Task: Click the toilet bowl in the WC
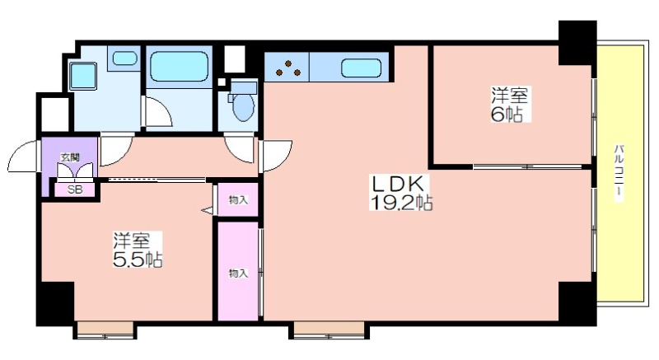point(243,106)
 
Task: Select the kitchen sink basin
point(361,68)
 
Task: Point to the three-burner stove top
point(288,68)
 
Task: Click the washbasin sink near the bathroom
point(125,58)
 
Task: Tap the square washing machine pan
point(83,76)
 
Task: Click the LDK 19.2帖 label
point(401,193)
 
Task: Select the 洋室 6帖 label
point(509,105)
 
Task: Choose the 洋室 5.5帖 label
point(138,250)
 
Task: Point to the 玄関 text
point(70,157)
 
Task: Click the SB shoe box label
point(75,189)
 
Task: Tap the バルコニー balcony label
point(619,172)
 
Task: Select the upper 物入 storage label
point(238,200)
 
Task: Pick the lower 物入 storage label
point(238,274)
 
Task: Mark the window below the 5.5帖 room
point(105,330)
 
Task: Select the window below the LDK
point(329,330)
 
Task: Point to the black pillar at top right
point(577,43)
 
